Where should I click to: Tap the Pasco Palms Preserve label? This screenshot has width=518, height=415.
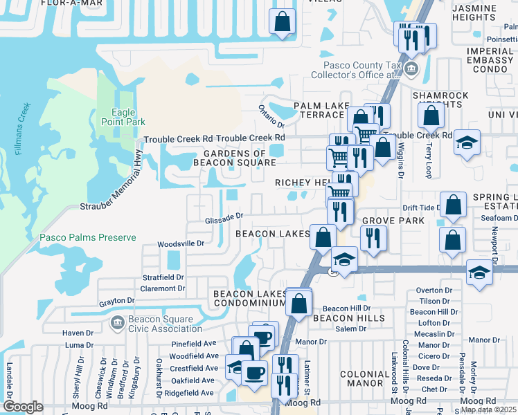(87, 237)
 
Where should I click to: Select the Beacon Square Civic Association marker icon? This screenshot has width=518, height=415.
(116, 322)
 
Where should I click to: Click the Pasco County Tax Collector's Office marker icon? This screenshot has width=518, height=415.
(411, 68)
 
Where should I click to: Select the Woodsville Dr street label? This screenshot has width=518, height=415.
(181, 243)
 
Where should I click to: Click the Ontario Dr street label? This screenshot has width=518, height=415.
(271, 113)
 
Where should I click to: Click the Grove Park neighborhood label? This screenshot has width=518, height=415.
(383, 221)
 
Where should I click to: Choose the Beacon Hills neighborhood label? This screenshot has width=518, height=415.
(348, 318)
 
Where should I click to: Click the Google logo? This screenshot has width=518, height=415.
(22, 407)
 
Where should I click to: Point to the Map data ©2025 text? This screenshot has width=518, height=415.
(488, 409)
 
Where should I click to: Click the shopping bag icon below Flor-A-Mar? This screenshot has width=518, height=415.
(283, 21)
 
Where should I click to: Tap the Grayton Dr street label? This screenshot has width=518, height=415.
(116, 301)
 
